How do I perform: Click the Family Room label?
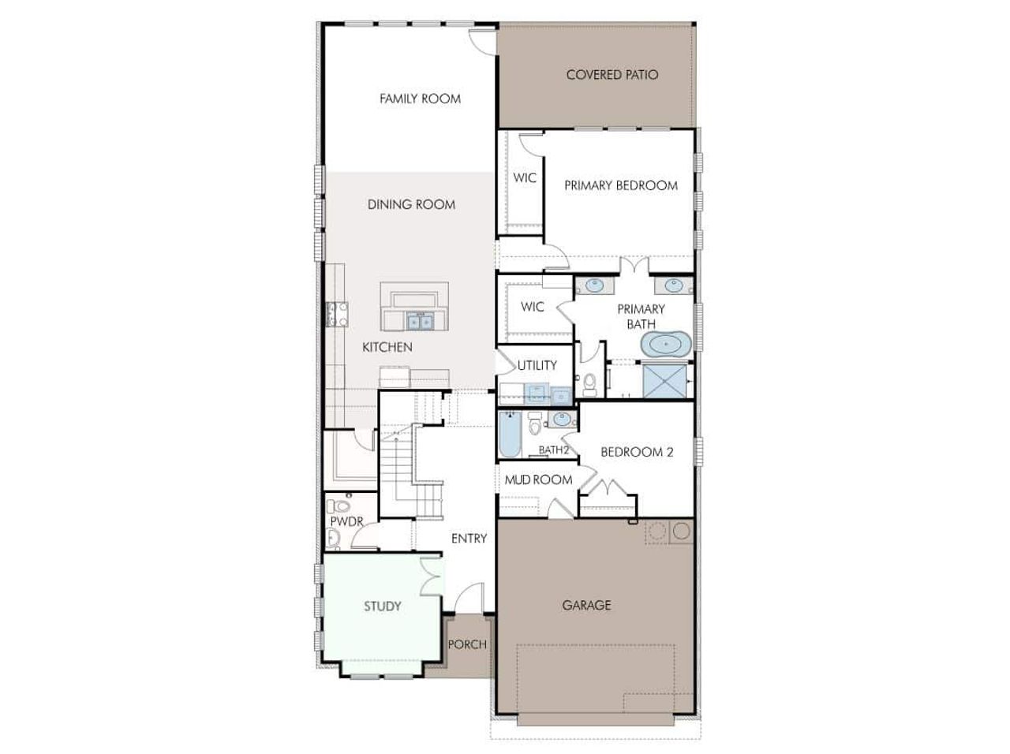click(x=420, y=99)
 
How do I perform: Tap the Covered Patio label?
click(x=612, y=75)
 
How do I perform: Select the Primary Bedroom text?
click(x=621, y=185)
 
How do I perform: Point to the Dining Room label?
click(x=411, y=204)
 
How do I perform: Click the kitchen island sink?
click(x=420, y=321)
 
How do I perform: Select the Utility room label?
click(x=537, y=365)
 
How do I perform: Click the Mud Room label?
click(x=539, y=480)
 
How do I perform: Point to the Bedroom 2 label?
click(x=637, y=452)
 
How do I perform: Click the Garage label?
click(x=586, y=605)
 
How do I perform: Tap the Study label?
click(x=383, y=606)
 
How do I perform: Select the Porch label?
click(x=467, y=644)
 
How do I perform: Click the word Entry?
click(x=469, y=538)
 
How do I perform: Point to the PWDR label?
click(x=346, y=521)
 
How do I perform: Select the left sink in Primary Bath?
click(x=594, y=285)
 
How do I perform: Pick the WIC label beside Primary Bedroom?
click(x=525, y=177)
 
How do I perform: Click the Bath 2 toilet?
click(x=535, y=424)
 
